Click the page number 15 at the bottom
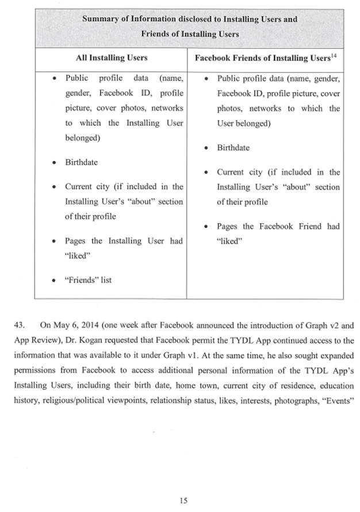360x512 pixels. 183,501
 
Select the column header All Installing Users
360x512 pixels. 112,57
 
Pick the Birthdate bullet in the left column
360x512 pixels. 81,162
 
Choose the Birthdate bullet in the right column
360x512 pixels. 233,148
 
